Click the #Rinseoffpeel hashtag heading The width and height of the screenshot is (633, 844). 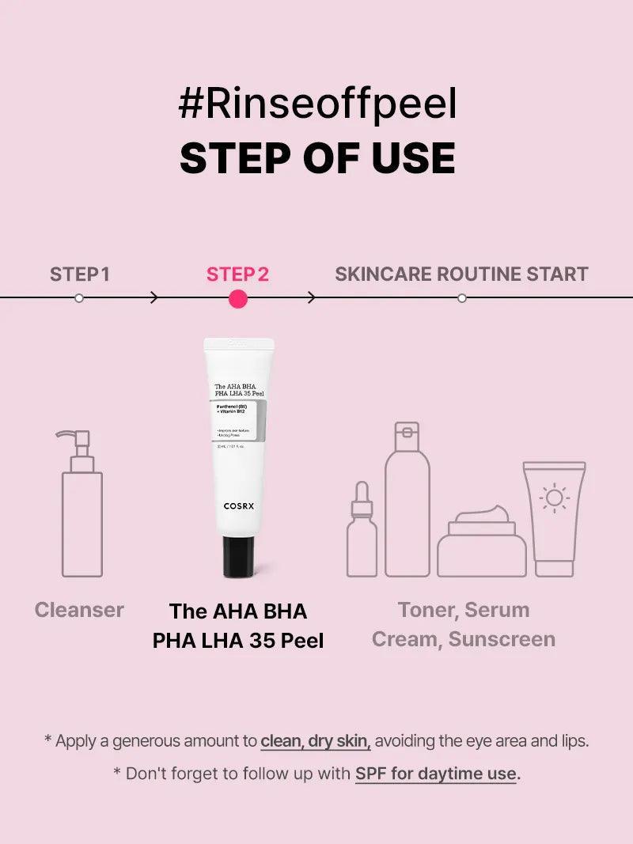point(317,105)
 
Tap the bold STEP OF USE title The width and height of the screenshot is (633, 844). point(317,158)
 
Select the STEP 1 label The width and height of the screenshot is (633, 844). point(79,274)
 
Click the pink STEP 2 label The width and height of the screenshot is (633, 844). point(237,274)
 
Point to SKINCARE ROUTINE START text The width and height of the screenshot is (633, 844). point(461,274)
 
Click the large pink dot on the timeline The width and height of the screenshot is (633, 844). point(237,298)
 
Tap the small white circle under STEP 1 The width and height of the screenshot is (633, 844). point(78,298)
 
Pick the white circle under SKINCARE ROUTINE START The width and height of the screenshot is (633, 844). point(462,298)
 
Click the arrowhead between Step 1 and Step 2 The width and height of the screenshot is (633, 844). point(154,298)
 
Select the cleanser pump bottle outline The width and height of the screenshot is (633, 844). point(81,510)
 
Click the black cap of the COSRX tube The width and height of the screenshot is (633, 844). point(238,556)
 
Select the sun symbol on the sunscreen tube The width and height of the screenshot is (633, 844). point(554,498)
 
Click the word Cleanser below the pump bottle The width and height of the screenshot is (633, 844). point(79,610)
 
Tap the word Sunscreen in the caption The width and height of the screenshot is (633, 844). point(502,639)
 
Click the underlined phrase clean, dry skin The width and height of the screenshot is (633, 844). point(316,741)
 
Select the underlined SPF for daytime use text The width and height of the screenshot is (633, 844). point(436,773)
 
